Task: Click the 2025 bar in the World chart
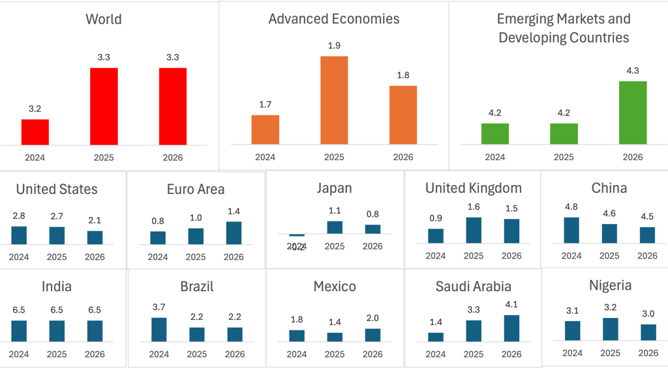click(x=104, y=106)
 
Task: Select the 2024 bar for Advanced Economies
click(x=265, y=130)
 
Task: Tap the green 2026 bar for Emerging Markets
click(x=633, y=113)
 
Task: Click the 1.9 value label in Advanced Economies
click(x=334, y=46)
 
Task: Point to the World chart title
click(x=104, y=19)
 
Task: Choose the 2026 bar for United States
click(x=95, y=238)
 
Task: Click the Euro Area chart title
click(x=196, y=189)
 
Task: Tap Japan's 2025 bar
click(x=335, y=227)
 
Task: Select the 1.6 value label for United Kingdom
click(x=474, y=207)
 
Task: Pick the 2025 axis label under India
click(x=57, y=354)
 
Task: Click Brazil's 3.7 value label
click(x=159, y=307)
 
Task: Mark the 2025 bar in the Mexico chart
click(x=335, y=337)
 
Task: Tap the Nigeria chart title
click(x=610, y=285)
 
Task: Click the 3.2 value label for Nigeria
click(x=610, y=307)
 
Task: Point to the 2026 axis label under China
click(x=647, y=256)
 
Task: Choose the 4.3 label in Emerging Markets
click(x=633, y=70)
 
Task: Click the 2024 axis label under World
click(x=35, y=158)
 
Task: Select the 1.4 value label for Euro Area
click(x=234, y=211)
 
